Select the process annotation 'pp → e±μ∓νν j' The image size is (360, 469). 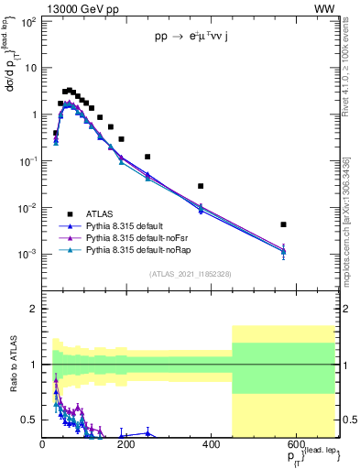coord(199,38)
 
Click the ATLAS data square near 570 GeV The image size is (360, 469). coord(284,224)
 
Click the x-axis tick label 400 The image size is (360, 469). coord(210,444)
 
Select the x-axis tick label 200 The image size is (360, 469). coord(126,444)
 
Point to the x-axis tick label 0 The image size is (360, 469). coord(43,444)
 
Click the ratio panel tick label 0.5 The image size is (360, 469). coord(29,420)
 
